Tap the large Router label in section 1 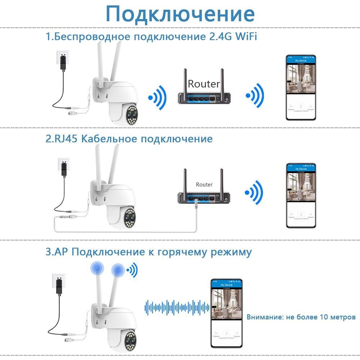coord(204,84)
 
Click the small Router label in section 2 coord(204,184)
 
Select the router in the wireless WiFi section coord(204,96)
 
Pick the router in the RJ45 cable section coord(204,197)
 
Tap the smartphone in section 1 coord(301,87)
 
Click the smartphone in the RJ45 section coord(301,195)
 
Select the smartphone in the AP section coord(226,313)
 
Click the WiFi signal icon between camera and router coord(158,97)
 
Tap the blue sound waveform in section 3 coord(177,307)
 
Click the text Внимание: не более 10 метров coord(301,317)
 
